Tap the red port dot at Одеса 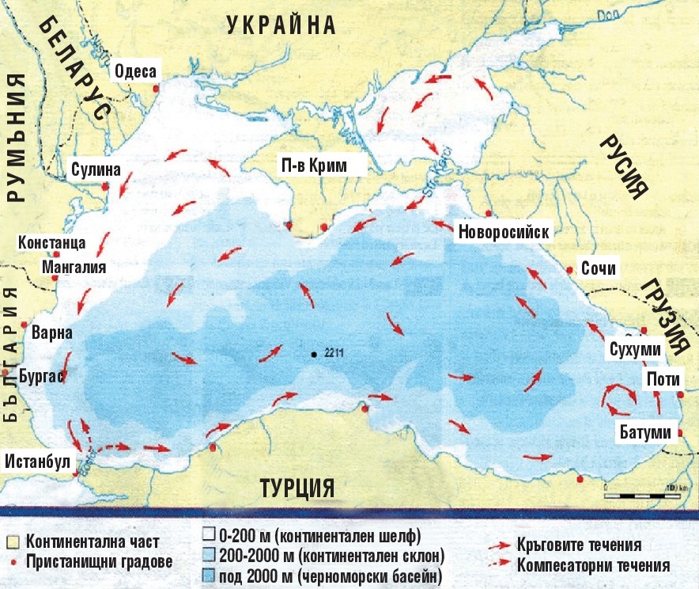(x=157, y=89)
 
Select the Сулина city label (x=95, y=169)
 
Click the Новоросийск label (x=503, y=234)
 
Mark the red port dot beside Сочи (x=570, y=270)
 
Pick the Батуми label (x=645, y=432)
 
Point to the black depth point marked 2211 (x=315, y=354)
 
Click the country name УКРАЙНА (x=281, y=26)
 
